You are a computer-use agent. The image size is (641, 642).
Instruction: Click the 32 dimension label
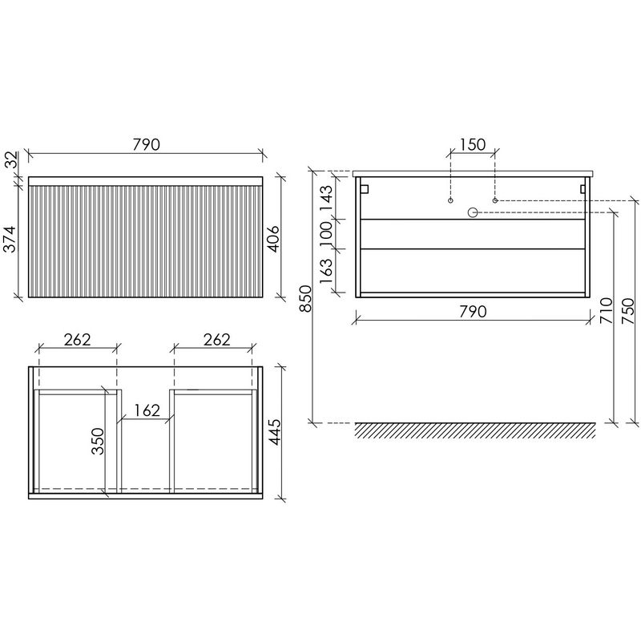12,159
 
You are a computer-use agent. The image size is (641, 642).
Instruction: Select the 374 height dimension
10,239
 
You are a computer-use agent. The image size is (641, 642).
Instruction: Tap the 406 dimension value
272,239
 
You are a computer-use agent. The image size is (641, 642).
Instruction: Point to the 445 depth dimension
275,432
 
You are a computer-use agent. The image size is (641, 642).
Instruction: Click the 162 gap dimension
146,410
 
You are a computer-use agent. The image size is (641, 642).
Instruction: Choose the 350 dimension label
98,442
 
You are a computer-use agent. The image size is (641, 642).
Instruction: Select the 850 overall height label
305,298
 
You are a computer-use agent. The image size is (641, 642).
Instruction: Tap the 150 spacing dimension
473,144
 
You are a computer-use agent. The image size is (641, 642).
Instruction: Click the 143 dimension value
326,198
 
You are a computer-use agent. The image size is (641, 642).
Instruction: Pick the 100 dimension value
326,234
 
